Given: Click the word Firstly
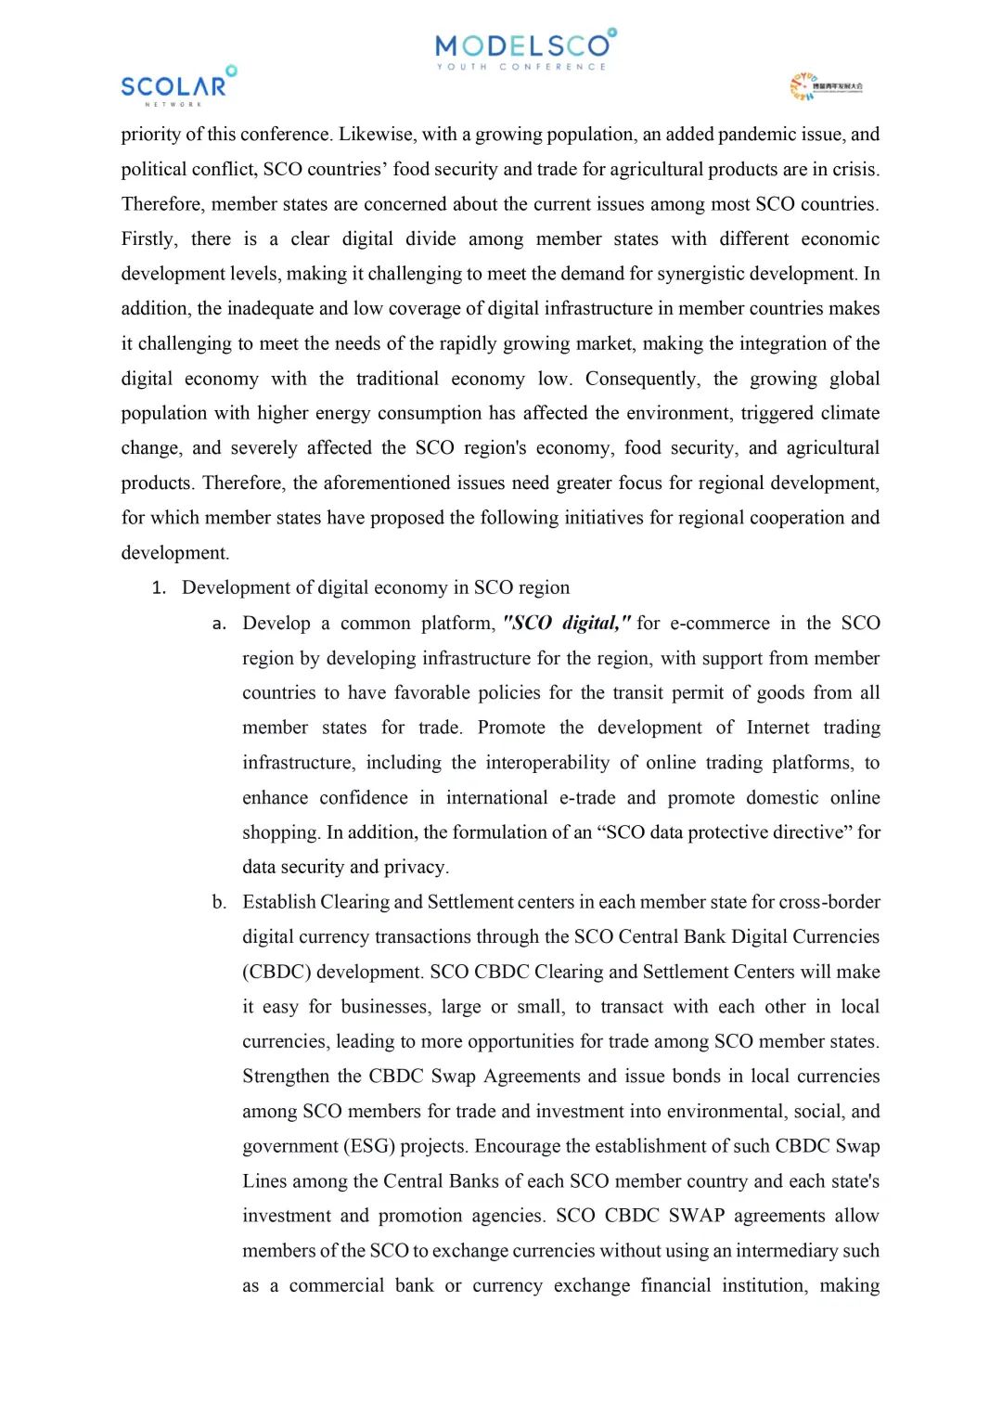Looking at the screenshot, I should tap(149, 239).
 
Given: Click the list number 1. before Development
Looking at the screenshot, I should tap(159, 588).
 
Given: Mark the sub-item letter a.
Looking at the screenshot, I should tap(219, 624).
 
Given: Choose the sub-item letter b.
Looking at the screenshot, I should tap(219, 902).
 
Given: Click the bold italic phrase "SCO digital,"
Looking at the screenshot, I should tap(566, 623).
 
